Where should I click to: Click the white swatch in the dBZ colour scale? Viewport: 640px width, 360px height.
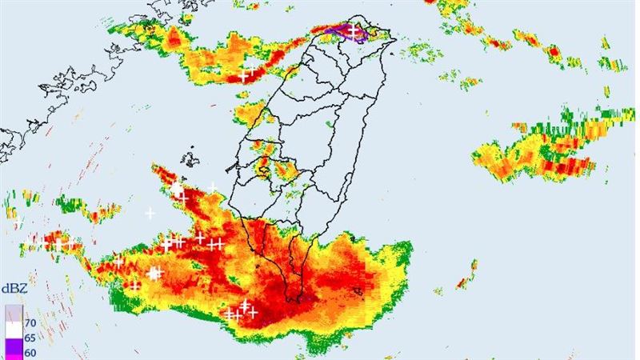[14, 329]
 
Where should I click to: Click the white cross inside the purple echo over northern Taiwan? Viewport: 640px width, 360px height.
[351, 30]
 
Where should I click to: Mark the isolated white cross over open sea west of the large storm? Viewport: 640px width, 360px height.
[150, 213]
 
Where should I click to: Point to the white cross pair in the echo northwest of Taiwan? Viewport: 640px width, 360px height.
[247, 72]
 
